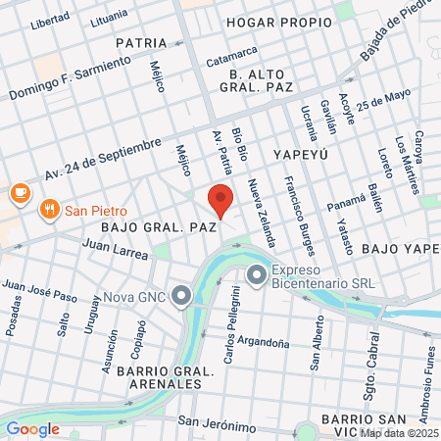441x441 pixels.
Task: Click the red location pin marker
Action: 220,201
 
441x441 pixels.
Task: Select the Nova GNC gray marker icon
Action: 181,295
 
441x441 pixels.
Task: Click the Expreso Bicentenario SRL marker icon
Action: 257,276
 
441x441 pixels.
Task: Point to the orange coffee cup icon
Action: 18,194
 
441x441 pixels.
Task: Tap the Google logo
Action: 32,428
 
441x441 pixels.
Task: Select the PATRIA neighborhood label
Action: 141,43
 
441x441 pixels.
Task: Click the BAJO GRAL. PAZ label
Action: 158,227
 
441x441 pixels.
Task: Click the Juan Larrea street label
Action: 116,249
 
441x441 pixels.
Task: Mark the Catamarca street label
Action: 231,55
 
